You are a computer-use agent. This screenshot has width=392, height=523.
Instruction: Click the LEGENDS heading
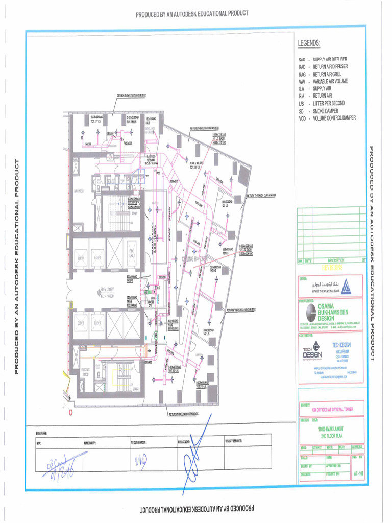tap(309, 43)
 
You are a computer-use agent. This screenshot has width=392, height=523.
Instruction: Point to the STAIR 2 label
tap(135, 388)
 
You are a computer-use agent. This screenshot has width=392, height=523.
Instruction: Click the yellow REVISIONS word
tap(332, 267)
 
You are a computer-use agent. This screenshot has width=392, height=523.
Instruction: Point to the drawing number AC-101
tap(358, 473)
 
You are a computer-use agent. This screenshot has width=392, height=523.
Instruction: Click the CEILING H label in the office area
tap(194, 259)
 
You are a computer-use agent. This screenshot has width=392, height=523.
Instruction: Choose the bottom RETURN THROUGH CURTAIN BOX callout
tap(186, 414)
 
